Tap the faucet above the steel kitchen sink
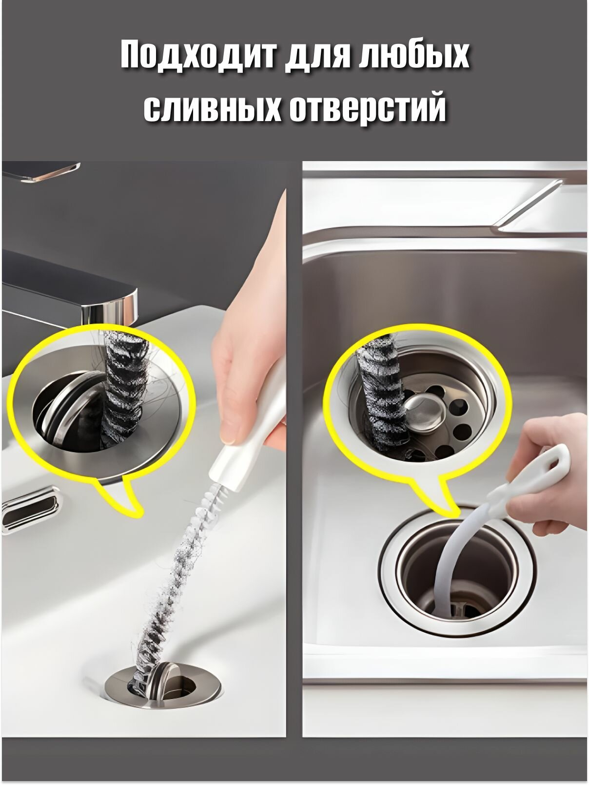tap(536, 208)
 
